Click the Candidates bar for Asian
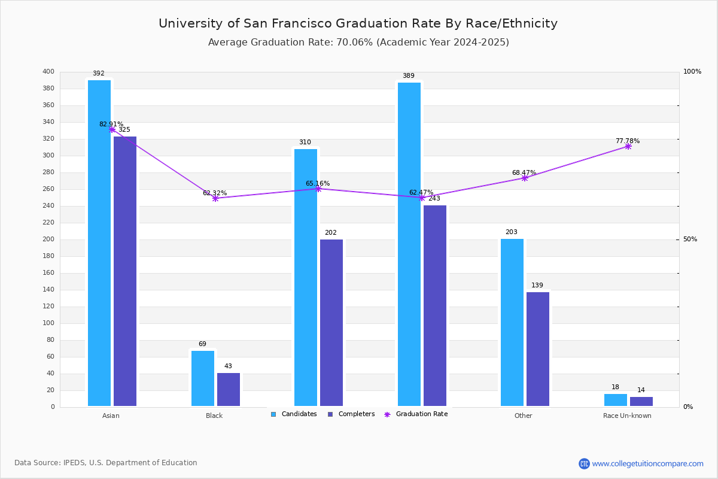[x=99, y=243]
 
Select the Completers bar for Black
[x=229, y=390]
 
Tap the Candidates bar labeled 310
[x=306, y=277]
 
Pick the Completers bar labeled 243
[x=435, y=306]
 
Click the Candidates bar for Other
[x=512, y=323]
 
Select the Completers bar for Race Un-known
[x=641, y=401]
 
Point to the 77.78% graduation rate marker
[x=628, y=147]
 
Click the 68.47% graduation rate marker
[x=525, y=178]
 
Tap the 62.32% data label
[x=215, y=193]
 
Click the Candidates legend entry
[x=294, y=414]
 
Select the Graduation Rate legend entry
[x=416, y=414]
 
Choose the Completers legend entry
[x=351, y=414]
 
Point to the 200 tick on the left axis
[x=48, y=239]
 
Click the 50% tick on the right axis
[x=690, y=239]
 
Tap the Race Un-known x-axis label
[x=627, y=416]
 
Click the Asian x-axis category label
[x=111, y=416]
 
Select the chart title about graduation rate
[x=358, y=23]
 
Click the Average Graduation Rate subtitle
[x=358, y=42]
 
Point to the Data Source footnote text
[x=106, y=463]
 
